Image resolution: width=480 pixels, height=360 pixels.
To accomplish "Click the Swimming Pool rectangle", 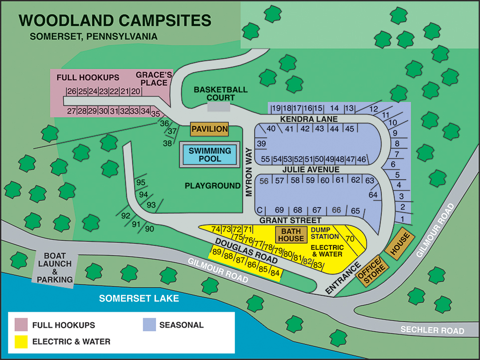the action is [x=210, y=154].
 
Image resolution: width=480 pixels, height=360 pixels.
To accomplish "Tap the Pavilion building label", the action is [x=210, y=129].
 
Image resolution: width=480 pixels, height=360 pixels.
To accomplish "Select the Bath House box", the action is [x=291, y=235].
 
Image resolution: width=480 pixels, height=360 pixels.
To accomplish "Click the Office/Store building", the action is [x=372, y=271].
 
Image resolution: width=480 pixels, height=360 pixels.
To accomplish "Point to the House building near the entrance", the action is [x=399, y=243].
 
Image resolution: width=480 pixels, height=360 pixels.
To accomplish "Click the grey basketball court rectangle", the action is [x=219, y=107].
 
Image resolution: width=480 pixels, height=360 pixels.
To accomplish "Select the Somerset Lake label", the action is [x=139, y=298].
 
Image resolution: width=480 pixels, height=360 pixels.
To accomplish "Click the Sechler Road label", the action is [x=432, y=330].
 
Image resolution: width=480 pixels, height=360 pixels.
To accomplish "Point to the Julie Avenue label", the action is [x=311, y=170].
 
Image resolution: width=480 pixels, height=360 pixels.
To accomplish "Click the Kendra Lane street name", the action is [x=309, y=119].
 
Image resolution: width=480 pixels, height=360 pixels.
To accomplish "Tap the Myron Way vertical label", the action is [x=249, y=172].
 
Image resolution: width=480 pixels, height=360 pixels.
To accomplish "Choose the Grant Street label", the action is [x=290, y=220].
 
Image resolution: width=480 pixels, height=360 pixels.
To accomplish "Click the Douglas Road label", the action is [x=246, y=251].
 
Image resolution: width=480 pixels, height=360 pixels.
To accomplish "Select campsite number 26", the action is [x=72, y=91].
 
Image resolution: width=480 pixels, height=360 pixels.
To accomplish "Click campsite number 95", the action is [x=141, y=183].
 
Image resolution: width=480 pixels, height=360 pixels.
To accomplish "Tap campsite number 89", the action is [x=217, y=252].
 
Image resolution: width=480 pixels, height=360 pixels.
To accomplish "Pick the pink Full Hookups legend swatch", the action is [x=21, y=325].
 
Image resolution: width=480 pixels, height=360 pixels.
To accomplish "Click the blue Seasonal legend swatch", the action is [x=150, y=325].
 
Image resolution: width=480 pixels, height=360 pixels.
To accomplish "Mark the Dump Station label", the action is [x=324, y=233].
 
